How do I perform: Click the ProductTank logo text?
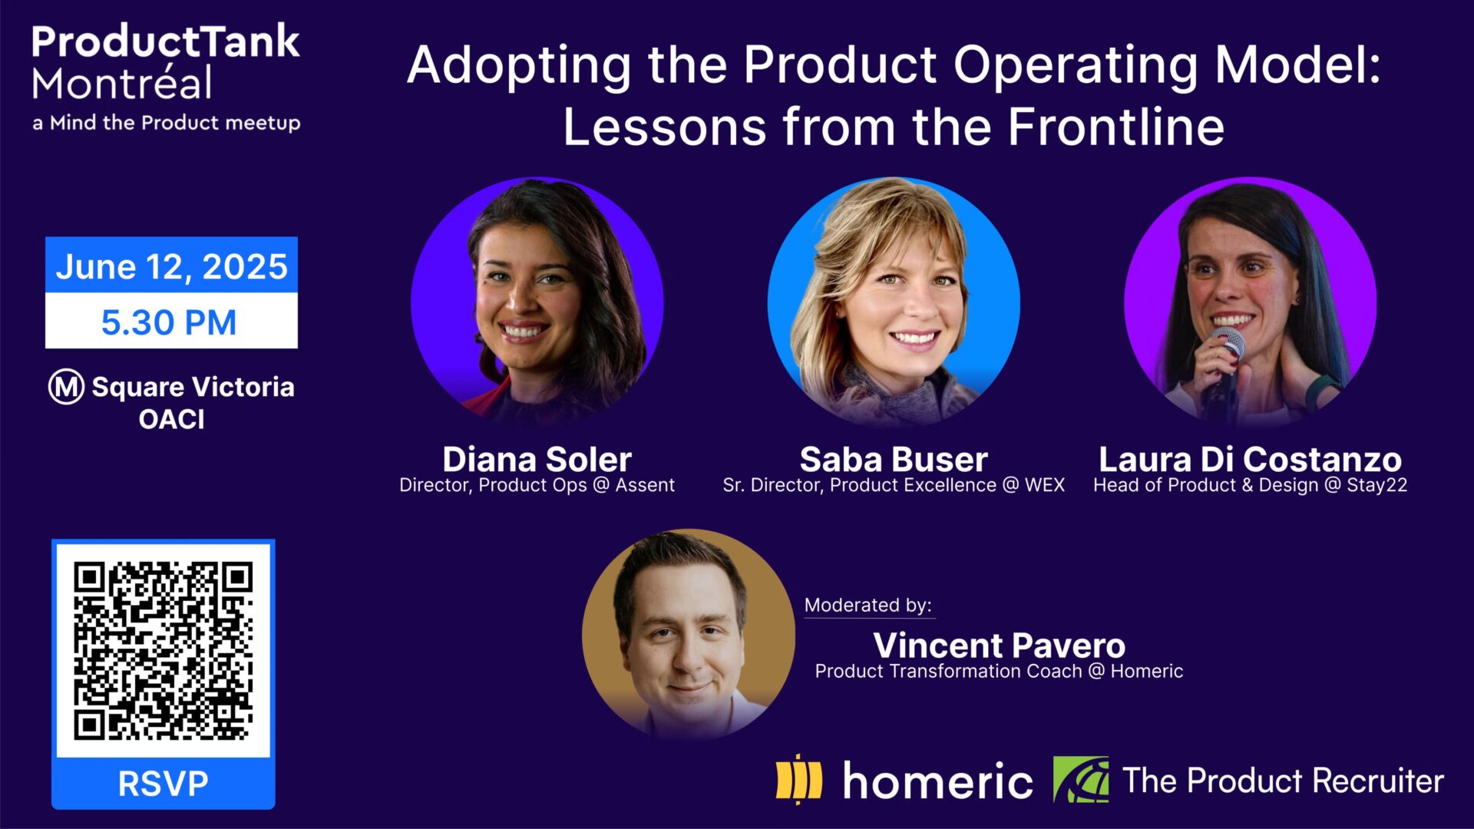point(165,42)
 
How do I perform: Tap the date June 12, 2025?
point(171,266)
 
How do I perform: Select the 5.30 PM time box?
point(170,322)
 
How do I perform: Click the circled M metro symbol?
point(66,387)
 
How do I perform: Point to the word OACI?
point(171,420)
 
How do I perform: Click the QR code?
point(163,650)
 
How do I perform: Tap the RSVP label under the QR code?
point(163,784)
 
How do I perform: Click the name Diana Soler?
point(537,459)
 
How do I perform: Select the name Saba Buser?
point(893,459)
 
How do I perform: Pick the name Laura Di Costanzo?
point(1250,459)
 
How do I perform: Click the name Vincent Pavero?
point(999,645)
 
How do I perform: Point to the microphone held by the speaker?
point(1226,345)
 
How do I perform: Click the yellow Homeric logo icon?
point(798,780)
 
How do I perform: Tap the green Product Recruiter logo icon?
point(1080,780)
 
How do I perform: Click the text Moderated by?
point(868,605)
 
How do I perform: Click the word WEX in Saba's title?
point(1044,485)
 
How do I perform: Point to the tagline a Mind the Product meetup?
point(166,123)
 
